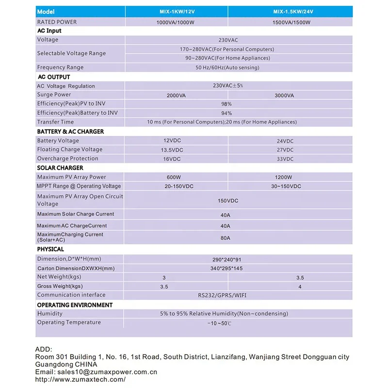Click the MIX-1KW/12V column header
pyautogui.click(x=176, y=11)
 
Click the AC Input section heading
pyautogui.click(x=49, y=31)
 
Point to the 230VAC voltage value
pyautogui.click(x=226, y=40)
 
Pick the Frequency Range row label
pyautogui.click(x=60, y=67)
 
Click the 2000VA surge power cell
pyautogui.click(x=176, y=96)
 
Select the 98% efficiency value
pyautogui.click(x=226, y=104)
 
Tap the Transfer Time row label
pyautogui.click(x=55, y=122)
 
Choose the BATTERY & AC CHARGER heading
pyautogui.click(x=70, y=131)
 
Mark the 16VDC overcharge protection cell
pyautogui.click(x=172, y=159)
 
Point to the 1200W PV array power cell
pyautogui.click(x=284, y=178)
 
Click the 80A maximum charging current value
pyautogui.click(x=226, y=238)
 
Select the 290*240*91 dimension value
pyautogui.click(x=226, y=259)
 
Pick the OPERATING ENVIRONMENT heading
pyautogui.click(x=75, y=305)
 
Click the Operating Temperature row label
pyautogui.click(x=69, y=323)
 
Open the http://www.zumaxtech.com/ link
pyautogui.click(x=81, y=380)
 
